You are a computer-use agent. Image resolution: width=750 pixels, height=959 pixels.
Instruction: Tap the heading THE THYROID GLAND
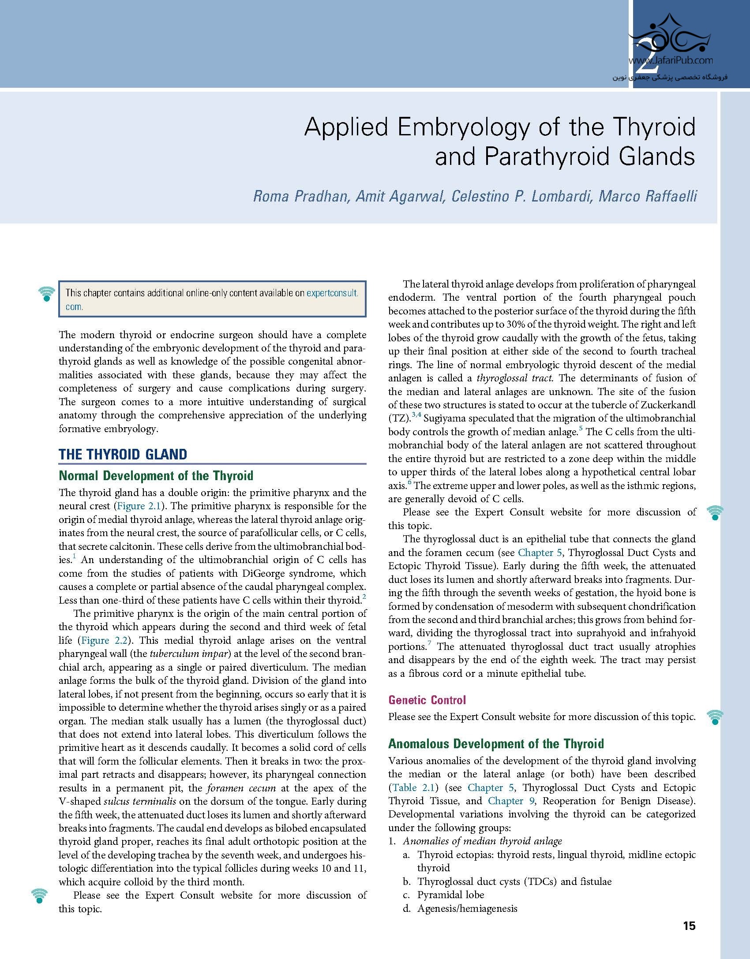(x=123, y=455)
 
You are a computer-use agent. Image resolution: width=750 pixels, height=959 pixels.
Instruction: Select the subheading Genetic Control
(x=427, y=700)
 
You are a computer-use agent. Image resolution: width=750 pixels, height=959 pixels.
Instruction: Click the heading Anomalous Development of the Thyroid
(x=495, y=744)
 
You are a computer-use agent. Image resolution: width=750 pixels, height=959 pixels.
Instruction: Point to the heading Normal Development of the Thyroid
(x=156, y=476)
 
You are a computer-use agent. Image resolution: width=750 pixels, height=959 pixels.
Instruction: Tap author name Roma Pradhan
(x=301, y=196)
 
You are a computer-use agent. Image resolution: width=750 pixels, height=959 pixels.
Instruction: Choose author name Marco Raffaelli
(x=648, y=196)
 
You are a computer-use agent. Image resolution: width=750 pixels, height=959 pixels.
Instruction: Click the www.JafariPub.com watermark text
(x=670, y=61)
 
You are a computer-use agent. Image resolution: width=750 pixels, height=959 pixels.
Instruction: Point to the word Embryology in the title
(x=464, y=127)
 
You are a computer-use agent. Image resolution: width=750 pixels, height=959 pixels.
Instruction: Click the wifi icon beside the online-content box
(x=46, y=294)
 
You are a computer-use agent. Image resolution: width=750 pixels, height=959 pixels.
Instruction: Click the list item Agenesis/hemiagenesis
(x=467, y=908)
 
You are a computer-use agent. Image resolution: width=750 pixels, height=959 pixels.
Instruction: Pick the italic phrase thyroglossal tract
(x=515, y=378)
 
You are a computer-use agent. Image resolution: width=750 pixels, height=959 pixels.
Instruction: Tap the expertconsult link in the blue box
(x=332, y=293)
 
